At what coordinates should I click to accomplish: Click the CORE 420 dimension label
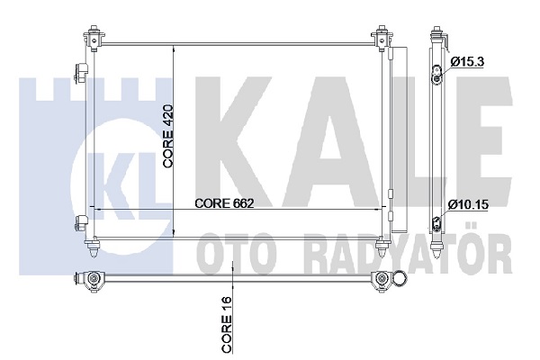pyautogui.click(x=168, y=137)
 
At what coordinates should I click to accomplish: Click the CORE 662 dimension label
pyautogui.click(x=224, y=203)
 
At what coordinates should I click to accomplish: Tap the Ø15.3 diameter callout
pyautogui.click(x=467, y=62)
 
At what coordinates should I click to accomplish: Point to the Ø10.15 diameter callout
pyautogui.click(x=468, y=204)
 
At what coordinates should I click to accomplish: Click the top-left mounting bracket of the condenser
pyautogui.click(x=94, y=38)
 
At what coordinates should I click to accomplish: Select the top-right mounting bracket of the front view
pyautogui.click(x=382, y=38)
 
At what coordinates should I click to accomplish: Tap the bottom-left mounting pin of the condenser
pyautogui.click(x=93, y=247)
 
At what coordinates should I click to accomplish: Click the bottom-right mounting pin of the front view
pyautogui.click(x=382, y=247)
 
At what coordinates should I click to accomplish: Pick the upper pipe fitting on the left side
pyautogui.click(x=81, y=73)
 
